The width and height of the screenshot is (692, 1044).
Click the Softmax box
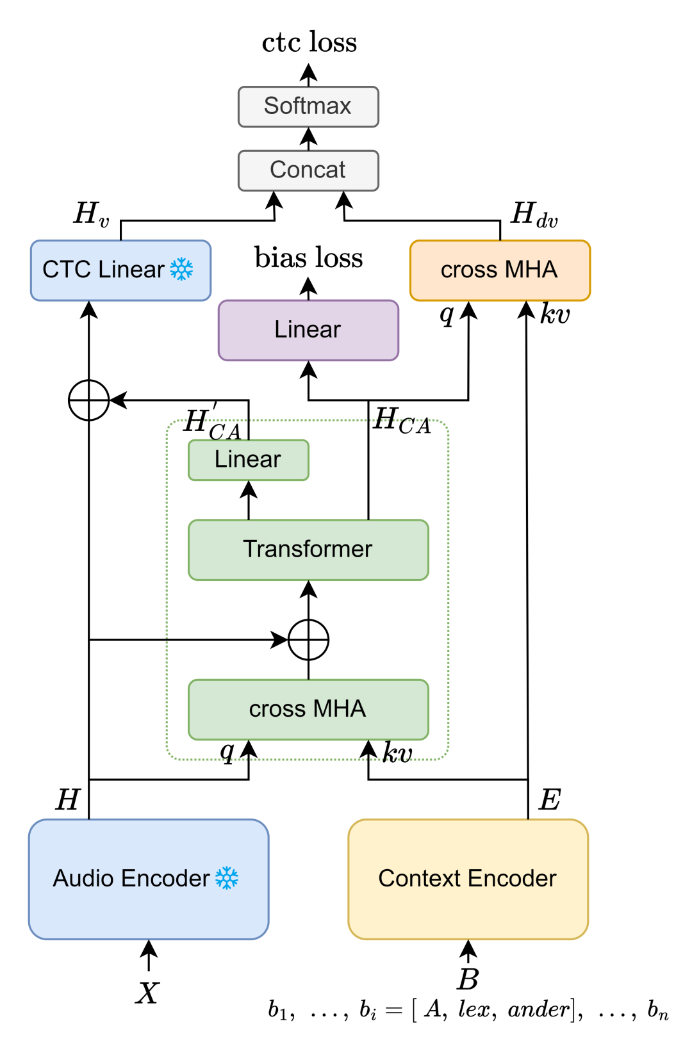pos(308,106)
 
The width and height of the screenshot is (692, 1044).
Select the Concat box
pos(308,170)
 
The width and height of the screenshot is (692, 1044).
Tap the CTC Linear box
pos(120,270)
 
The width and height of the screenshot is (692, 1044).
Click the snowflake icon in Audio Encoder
pos(227,878)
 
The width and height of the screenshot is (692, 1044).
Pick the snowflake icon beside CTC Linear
pos(181,270)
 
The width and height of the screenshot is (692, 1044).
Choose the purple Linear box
pos(308,330)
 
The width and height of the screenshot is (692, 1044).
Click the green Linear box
pos(248,460)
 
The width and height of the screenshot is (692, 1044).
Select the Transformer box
pos(308,550)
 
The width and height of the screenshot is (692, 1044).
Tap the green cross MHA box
pos(308,709)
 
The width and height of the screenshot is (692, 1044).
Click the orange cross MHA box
pos(500,270)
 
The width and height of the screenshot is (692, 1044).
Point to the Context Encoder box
pos(468,879)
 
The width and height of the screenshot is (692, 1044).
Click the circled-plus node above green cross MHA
pos(308,639)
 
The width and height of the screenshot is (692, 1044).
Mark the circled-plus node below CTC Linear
pos(88,400)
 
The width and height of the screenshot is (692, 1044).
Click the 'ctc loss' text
pos(309,42)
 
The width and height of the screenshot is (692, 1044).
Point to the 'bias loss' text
pos(308,258)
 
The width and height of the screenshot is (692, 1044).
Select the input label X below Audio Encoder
pos(147,993)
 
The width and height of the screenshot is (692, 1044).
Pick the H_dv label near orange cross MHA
pos(534,215)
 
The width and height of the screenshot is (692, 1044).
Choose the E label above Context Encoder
pos(550,800)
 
